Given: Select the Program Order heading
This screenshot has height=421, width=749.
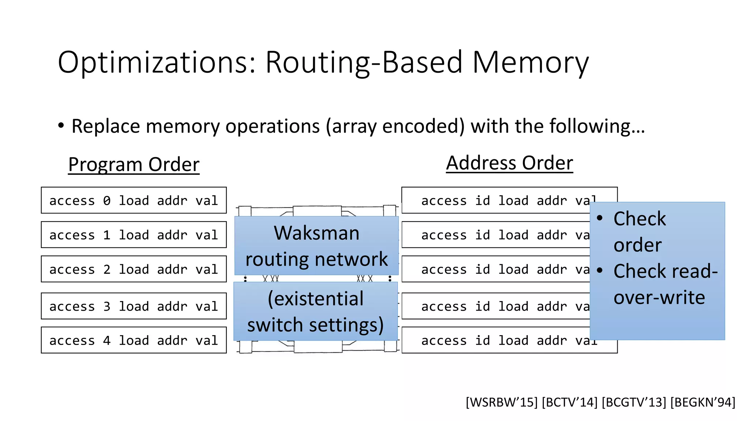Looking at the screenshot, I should click(134, 164).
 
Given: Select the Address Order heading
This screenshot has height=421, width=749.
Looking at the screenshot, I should click(509, 163).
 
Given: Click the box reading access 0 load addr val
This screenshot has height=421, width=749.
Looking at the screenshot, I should click(133, 200).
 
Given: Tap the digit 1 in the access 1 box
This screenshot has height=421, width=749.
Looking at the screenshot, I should click(106, 235).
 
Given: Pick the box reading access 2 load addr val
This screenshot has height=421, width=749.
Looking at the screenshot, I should click(133, 269).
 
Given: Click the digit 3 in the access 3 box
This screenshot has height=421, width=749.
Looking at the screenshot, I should click(106, 306).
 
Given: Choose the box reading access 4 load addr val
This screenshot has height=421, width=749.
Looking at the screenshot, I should click(133, 340).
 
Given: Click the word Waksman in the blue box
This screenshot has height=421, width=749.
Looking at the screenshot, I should click(316, 233).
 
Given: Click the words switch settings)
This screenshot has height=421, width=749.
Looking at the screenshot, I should click(315, 325).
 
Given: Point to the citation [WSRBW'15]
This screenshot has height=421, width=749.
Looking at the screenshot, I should click(501, 402).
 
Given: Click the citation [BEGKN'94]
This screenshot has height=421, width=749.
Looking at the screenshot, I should click(703, 402).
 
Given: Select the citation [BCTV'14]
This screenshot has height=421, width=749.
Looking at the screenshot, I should click(569, 402).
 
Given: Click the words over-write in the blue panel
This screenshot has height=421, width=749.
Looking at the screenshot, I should click(659, 297).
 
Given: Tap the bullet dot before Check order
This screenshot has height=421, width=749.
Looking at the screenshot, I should click(599, 219).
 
